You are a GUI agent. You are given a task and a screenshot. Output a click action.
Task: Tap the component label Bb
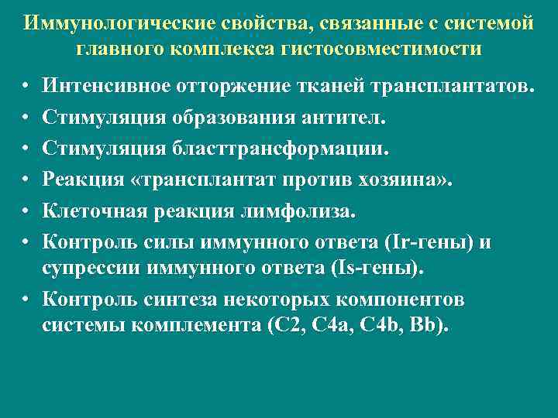click(x=429, y=326)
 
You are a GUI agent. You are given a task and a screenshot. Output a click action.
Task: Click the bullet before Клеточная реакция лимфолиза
click(x=26, y=211)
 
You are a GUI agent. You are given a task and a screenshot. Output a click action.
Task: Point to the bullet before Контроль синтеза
click(x=26, y=298)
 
